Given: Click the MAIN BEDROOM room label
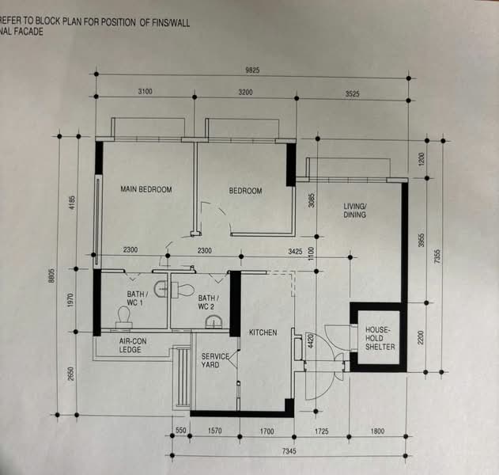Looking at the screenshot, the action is pyautogui.click(x=146, y=189).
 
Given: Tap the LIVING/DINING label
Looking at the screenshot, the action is pyautogui.click(x=355, y=211).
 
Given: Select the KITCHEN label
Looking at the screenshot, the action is pyautogui.click(x=263, y=332).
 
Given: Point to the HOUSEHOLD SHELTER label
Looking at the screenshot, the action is pyautogui.click(x=380, y=338).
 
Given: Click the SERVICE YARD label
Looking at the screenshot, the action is pyautogui.click(x=215, y=360).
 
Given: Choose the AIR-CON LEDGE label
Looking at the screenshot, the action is pyautogui.click(x=133, y=345).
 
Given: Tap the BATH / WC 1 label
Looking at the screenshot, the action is pyautogui.click(x=138, y=298).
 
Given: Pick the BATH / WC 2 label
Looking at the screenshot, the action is pyautogui.click(x=209, y=302).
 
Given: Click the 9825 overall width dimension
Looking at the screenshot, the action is pyautogui.click(x=252, y=70).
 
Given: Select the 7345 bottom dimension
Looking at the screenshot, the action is pyautogui.click(x=289, y=451).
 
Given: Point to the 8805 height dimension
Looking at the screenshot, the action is pyautogui.click(x=52, y=275).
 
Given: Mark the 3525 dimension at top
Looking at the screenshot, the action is pyautogui.click(x=352, y=94).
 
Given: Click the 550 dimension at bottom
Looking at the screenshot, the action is pyautogui.click(x=181, y=431).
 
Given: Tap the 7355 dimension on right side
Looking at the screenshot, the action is pyautogui.click(x=437, y=256).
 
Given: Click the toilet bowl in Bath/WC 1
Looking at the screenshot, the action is pyautogui.click(x=124, y=317).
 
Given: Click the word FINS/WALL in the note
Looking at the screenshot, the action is pyautogui.click(x=172, y=23).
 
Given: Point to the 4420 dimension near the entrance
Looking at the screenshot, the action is pyautogui.click(x=312, y=341).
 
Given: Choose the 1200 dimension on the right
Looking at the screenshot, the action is pyautogui.click(x=421, y=160).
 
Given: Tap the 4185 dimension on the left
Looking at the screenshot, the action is pyautogui.click(x=72, y=203).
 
